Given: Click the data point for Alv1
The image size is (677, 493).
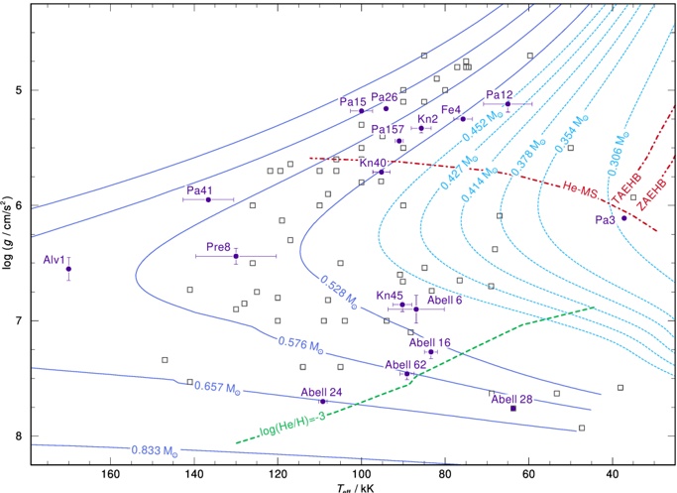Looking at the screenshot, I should coord(68,269).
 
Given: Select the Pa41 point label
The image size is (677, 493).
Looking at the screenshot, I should coord(200,189).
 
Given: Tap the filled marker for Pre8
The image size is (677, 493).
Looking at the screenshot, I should coord(236,256).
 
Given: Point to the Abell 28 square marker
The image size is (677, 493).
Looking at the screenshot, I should coord(513,409).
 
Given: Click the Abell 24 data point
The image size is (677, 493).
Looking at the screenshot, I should coord(323,402).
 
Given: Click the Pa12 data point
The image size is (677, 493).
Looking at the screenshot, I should coord(508,104).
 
